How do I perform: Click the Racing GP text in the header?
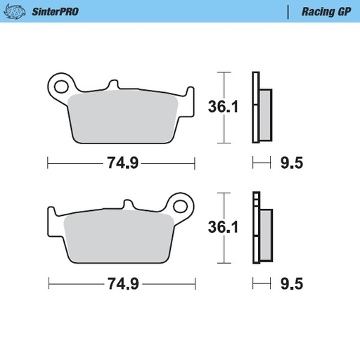pos(322,12)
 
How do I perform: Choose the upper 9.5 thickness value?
pos(291,163)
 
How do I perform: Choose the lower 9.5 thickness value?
pos(291,284)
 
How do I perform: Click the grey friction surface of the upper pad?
pos(123,116)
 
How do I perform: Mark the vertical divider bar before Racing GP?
pos(288,12)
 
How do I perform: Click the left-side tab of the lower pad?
pos(53,214)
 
